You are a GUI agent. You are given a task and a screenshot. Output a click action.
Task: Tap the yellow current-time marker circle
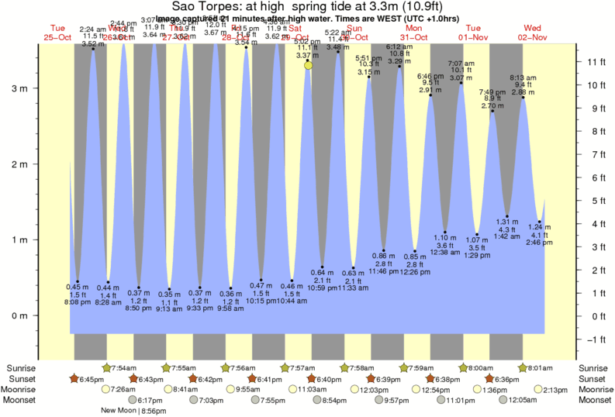[x=309, y=65]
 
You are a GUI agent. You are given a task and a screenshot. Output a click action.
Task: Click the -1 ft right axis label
[x=595, y=339]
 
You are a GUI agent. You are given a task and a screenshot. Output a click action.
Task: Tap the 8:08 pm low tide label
[x=77, y=303]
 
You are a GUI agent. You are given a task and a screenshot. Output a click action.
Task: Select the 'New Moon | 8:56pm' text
[x=136, y=411]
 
